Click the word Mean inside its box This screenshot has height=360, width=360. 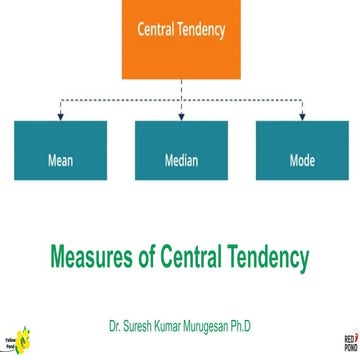click(x=59, y=160)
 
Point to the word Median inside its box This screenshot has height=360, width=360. click(x=181, y=160)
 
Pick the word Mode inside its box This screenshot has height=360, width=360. click(x=301, y=160)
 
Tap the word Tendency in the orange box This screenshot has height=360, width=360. click(x=200, y=30)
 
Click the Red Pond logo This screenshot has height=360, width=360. click(x=349, y=341)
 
